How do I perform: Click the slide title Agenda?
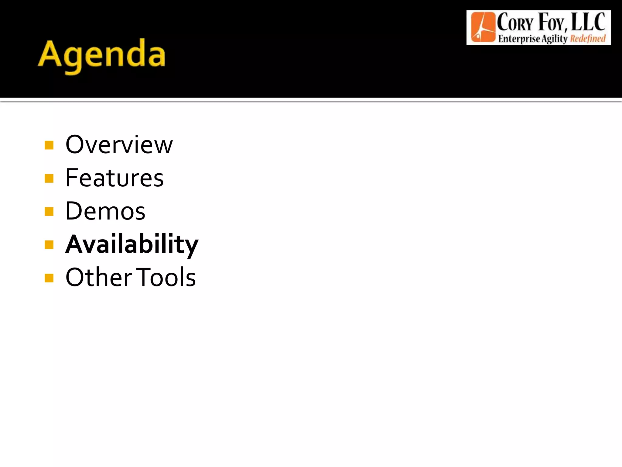point(102,55)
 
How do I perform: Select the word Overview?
point(119,145)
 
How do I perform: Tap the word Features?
point(114,178)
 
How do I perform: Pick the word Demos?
point(105,211)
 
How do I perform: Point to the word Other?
point(99,277)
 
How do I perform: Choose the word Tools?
point(166,277)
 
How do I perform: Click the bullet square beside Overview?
point(49,145)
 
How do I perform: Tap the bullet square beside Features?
point(49,178)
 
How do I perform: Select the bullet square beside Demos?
point(49,211)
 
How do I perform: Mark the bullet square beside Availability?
point(49,244)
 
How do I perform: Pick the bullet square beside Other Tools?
point(49,278)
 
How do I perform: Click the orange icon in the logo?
point(483,27)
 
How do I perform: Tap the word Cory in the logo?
point(515,22)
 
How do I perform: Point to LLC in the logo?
point(588,22)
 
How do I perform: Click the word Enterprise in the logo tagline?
point(519,39)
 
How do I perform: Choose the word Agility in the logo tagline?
point(555,39)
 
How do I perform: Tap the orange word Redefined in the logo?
point(588,39)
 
